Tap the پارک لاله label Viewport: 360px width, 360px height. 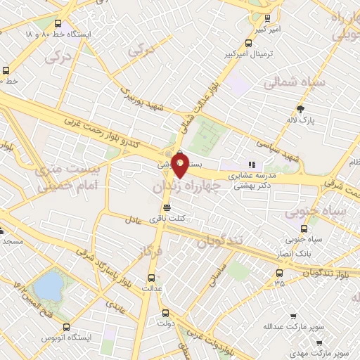301,120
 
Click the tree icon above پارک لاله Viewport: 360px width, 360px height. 301,108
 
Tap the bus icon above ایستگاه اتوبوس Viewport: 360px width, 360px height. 67,327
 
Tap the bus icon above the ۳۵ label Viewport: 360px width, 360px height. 280,273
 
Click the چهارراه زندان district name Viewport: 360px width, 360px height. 186,185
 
